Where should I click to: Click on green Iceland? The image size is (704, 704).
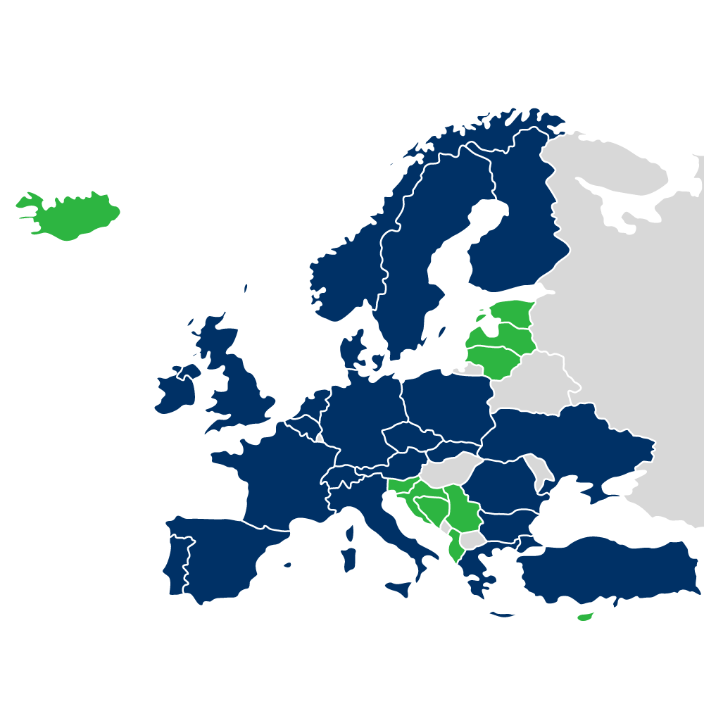[70, 215]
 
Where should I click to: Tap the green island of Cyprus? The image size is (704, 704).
[585, 617]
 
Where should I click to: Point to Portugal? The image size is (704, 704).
[176, 563]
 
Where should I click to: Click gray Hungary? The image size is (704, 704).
[451, 470]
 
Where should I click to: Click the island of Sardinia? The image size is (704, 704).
[348, 560]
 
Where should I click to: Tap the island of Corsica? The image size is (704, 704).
[350, 533]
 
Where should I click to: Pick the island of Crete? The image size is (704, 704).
[503, 615]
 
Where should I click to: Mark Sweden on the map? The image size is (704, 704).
[408, 282]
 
